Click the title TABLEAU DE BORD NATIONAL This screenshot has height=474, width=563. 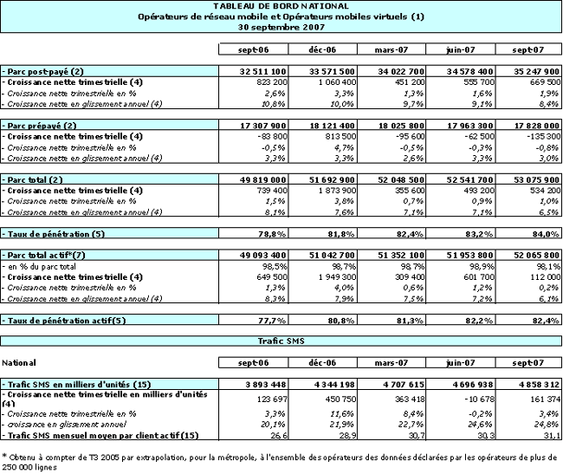(x=281, y=7)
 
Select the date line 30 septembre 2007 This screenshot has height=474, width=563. (x=281, y=27)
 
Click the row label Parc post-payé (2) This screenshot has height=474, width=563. (x=44, y=69)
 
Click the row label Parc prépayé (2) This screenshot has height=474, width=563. (x=43, y=126)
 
